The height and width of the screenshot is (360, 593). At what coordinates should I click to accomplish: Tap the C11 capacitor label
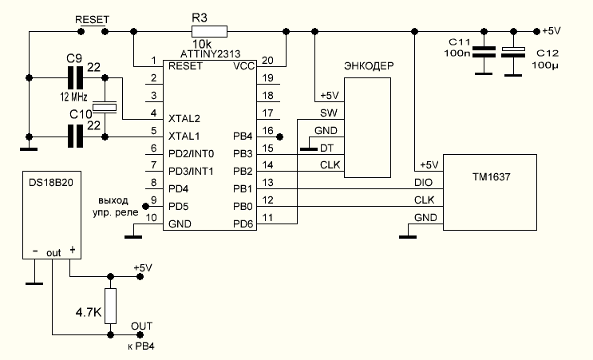tap(461, 40)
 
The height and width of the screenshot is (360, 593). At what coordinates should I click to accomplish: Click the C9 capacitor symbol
tap(76, 77)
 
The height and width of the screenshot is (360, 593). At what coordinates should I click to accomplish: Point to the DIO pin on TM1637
tap(423, 183)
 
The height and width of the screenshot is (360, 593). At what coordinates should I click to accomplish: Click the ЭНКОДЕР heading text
tap(368, 65)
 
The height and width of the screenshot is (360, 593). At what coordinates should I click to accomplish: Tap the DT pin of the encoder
tap(326, 148)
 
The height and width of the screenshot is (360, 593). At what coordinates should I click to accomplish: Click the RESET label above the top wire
tap(91, 18)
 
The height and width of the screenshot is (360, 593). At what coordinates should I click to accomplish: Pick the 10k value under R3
tap(202, 44)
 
